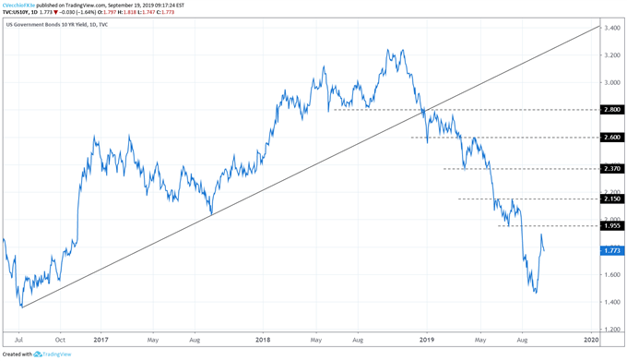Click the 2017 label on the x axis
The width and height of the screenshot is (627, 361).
(101, 341)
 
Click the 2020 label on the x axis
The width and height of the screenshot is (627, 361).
(590, 341)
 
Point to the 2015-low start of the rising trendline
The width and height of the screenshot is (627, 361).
(20, 307)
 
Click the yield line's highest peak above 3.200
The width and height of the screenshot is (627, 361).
(391, 49)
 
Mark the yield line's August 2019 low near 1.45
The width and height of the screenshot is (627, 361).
(536, 294)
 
